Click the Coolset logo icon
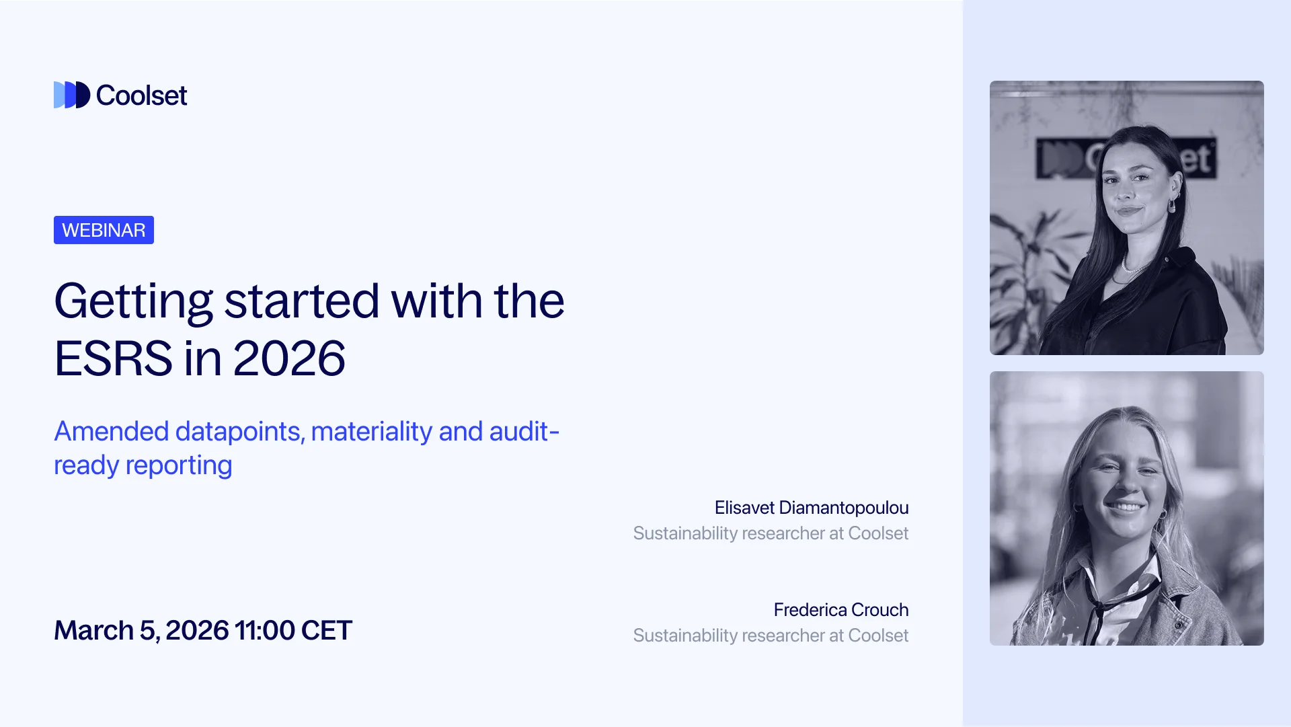[71, 95]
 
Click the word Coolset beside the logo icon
[141, 95]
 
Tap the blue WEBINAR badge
[104, 230]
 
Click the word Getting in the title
[133, 301]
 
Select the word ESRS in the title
[113, 358]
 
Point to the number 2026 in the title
[289, 358]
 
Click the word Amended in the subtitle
[111, 431]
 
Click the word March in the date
[94, 630]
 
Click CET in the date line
[327, 630]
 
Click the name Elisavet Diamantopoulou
[811, 508]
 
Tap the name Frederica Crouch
[840, 610]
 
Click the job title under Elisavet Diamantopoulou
[771, 533]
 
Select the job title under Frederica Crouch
[771, 636]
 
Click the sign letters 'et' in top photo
[1197, 159]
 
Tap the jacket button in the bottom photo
[1179, 625]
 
